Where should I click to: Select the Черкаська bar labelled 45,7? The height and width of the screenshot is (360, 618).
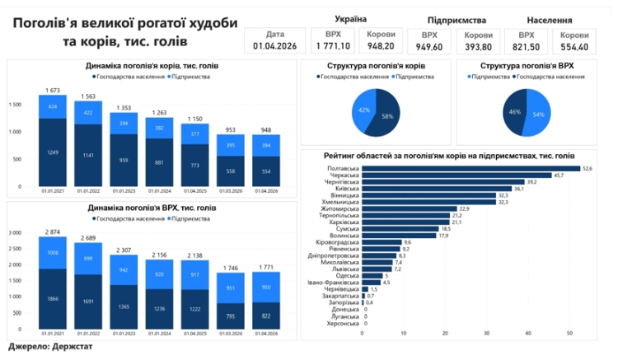tap(456, 175)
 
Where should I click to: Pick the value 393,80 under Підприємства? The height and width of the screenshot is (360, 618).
tap(479, 47)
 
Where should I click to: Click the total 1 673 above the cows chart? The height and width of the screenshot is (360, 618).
tap(53, 89)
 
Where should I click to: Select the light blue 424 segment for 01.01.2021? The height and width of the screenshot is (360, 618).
tap(53, 106)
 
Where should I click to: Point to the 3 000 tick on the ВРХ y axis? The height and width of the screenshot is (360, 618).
tap(16, 233)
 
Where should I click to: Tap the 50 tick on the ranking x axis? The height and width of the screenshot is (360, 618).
tap(569, 333)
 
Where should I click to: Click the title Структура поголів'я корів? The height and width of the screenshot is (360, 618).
tap(376, 64)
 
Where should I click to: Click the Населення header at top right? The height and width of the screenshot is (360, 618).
tap(550, 18)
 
